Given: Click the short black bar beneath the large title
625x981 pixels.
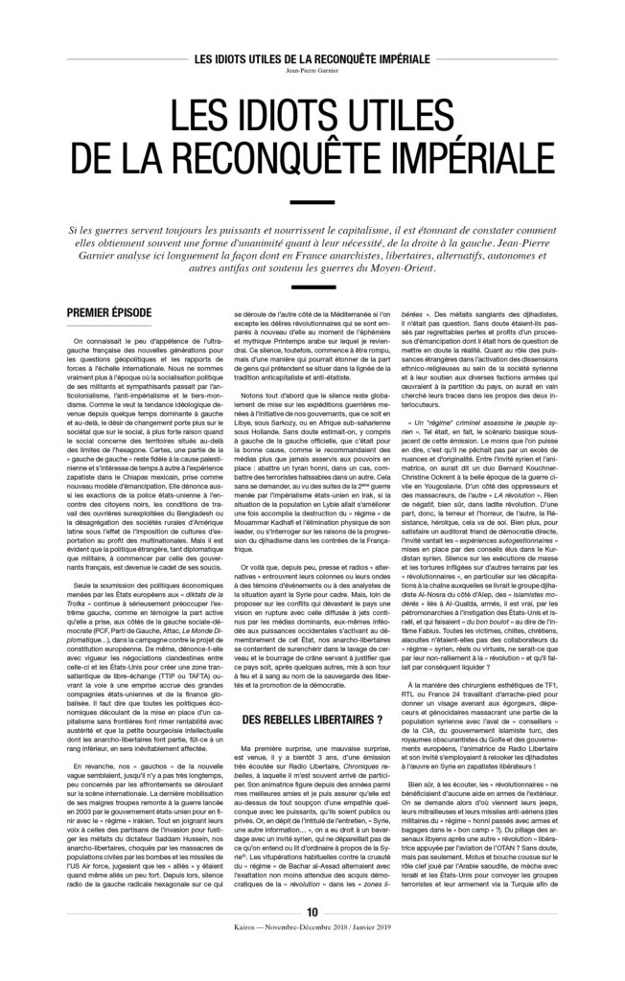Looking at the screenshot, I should point(312,202).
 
